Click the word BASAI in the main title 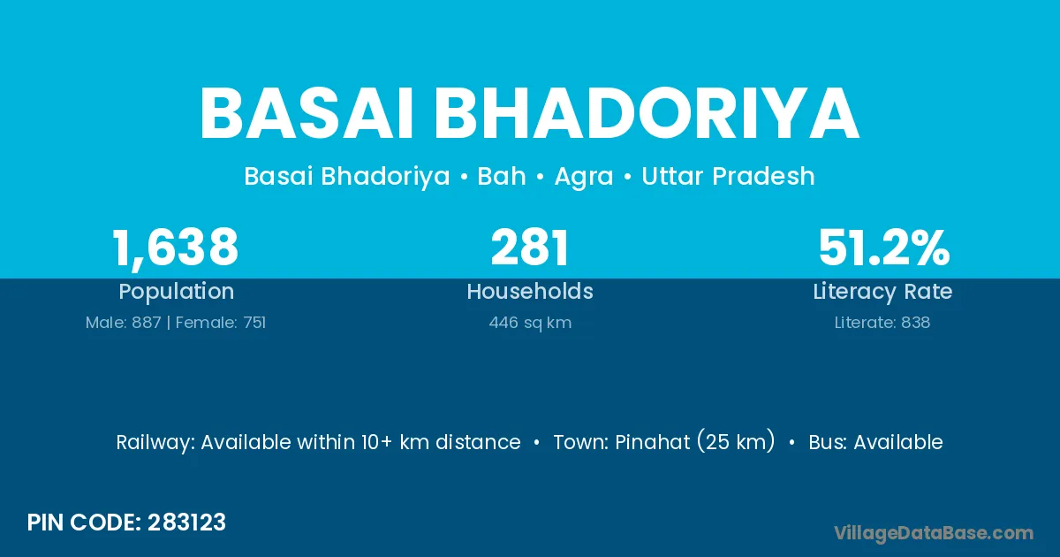tap(307, 114)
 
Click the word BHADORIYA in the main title tap(647, 114)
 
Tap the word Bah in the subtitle tap(502, 176)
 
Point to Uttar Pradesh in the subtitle tap(728, 176)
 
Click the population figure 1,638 tap(175, 248)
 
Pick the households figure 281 tap(529, 247)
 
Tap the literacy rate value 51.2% tap(884, 247)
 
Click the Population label tap(176, 292)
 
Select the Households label tap(530, 291)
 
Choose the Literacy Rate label tap(882, 292)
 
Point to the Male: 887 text tap(123, 323)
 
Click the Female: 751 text tap(221, 323)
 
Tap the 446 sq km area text tap(530, 323)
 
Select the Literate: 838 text tap(882, 323)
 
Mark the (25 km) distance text tap(736, 441)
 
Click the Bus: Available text tap(875, 442)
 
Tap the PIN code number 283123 tap(186, 523)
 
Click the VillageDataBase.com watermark tap(934, 533)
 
